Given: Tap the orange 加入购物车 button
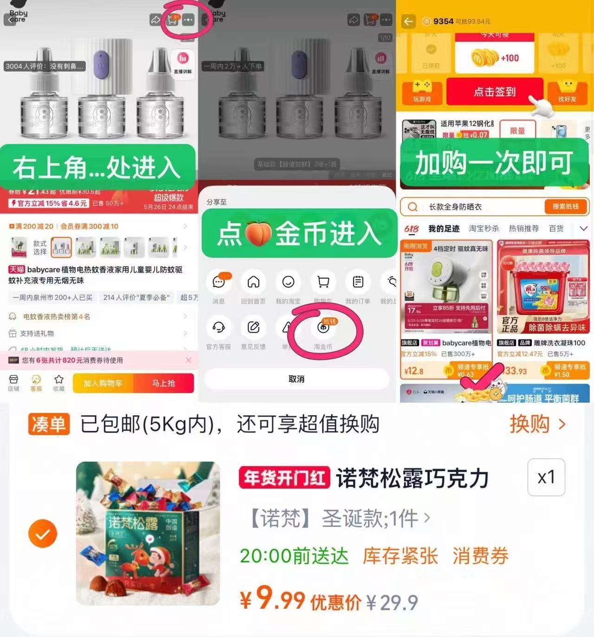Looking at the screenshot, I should (103, 383).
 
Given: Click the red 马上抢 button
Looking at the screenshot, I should (163, 383).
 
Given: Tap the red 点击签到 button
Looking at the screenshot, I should (495, 92).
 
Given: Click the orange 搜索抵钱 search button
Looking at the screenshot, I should (565, 206).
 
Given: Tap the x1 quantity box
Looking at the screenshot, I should (546, 477).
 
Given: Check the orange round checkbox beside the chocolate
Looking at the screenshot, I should (43, 534).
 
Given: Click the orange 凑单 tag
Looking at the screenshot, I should (49, 424).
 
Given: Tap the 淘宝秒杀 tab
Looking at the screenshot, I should (484, 228).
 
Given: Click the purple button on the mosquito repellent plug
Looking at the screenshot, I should (101, 63).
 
